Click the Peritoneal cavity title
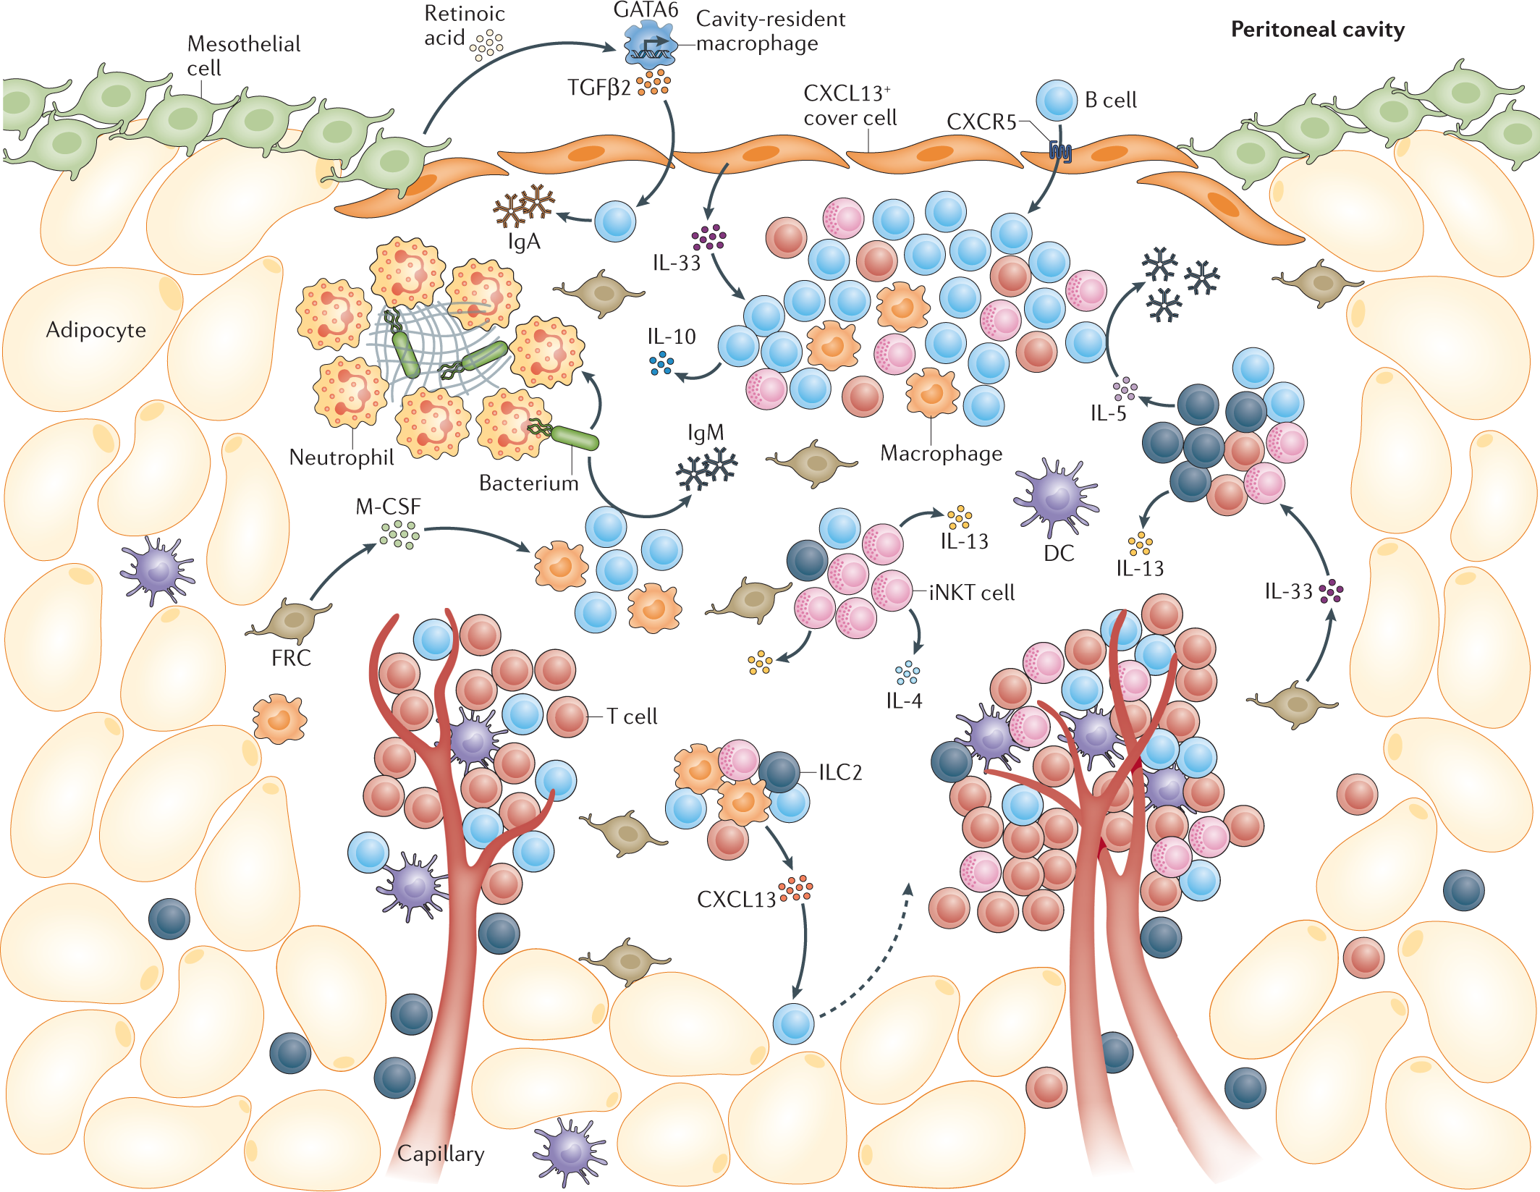click(1317, 30)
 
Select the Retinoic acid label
click(463, 25)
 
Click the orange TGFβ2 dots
click(653, 83)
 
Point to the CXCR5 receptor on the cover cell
click(1060, 151)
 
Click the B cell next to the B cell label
click(1057, 101)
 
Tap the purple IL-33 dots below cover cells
click(708, 237)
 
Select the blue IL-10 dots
click(661, 363)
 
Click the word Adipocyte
click(96, 330)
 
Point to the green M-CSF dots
click(399, 535)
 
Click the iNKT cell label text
click(971, 593)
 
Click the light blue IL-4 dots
click(907, 673)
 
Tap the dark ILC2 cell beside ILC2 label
click(779, 772)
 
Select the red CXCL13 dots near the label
click(795, 888)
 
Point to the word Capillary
click(441, 1154)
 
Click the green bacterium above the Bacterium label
click(575, 438)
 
